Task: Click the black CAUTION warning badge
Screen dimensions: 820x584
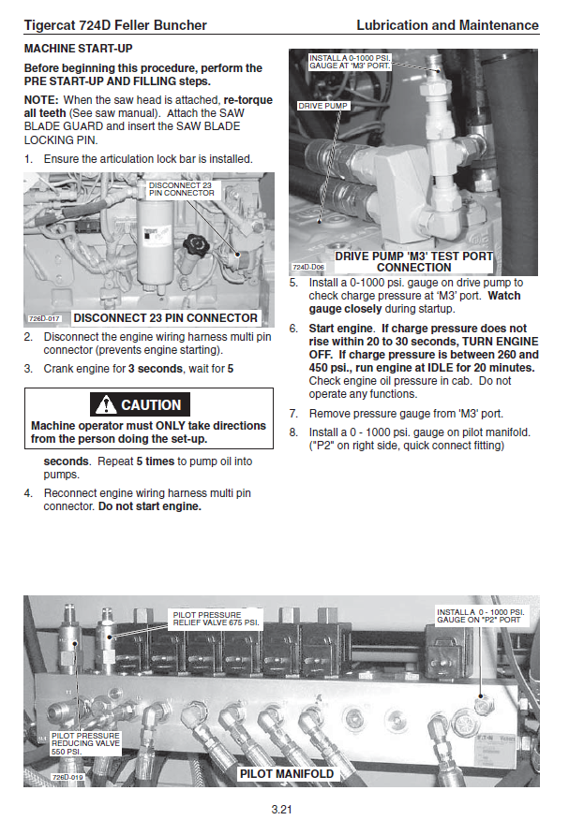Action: [x=140, y=405]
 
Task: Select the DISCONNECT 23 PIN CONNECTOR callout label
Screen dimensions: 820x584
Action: [x=181, y=189]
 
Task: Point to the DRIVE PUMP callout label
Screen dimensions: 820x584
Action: [x=323, y=107]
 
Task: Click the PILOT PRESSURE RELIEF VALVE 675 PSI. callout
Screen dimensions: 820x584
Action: [x=215, y=619]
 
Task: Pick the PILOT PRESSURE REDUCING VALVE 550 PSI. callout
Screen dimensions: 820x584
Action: [x=85, y=744]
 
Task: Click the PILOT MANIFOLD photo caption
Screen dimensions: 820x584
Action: [x=286, y=774]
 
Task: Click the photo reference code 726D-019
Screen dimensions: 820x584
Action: [x=67, y=777]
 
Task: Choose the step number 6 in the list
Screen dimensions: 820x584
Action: [x=293, y=329]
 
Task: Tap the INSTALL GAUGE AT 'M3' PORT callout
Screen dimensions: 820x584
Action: [x=350, y=61]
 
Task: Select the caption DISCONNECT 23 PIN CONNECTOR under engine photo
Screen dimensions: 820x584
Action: [x=165, y=318]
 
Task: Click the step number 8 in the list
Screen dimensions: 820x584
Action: [x=293, y=432]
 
